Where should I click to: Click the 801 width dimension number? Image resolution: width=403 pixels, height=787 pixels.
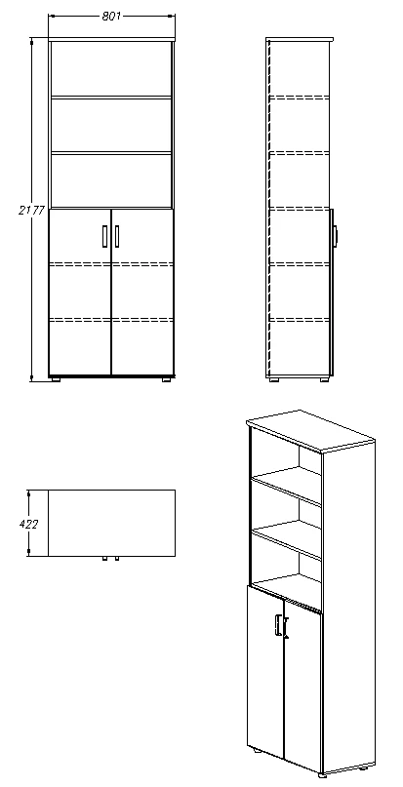(x=110, y=15)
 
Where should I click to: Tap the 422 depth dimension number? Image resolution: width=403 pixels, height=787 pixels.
(x=30, y=524)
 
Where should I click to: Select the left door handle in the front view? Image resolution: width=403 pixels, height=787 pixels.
(x=103, y=236)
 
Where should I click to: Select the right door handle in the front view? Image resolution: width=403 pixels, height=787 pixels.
(x=117, y=236)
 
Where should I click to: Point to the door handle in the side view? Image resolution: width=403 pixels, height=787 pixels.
(x=335, y=235)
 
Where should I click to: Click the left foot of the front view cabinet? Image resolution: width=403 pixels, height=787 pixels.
(x=57, y=378)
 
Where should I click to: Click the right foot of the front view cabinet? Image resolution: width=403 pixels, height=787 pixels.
(x=163, y=378)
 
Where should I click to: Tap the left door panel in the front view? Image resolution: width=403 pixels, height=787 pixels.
(x=80, y=293)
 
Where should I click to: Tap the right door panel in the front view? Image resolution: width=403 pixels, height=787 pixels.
(x=142, y=293)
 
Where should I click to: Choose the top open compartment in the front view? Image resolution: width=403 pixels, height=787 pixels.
(x=110, y=68)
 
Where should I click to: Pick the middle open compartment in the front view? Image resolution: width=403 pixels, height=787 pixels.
(x=110, y=125)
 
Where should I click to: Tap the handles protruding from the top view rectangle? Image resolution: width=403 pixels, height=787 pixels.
(x=109, y=560)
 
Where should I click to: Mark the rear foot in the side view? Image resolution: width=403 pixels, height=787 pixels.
(x=277, y=378)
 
